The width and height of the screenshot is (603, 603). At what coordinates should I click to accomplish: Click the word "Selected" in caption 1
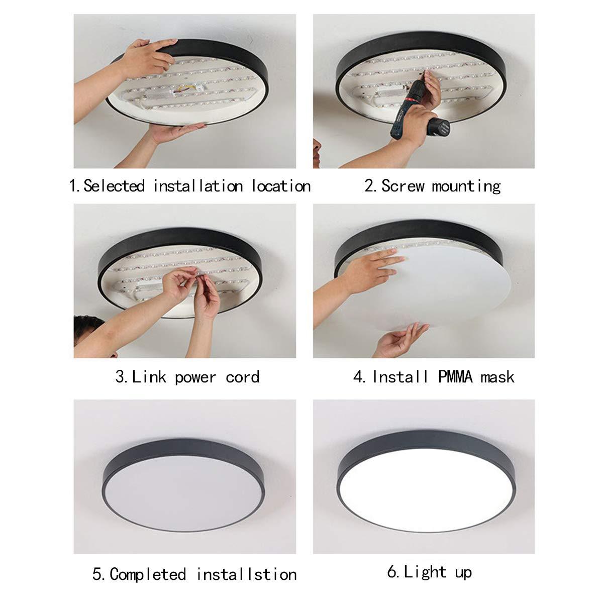114,186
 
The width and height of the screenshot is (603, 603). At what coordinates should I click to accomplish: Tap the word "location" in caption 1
281,186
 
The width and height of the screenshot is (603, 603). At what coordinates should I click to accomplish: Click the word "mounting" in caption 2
466,186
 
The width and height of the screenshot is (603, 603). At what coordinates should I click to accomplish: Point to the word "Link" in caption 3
149,377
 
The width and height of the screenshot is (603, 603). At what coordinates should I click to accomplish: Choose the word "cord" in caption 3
242,377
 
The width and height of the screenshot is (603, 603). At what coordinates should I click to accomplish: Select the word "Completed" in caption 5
148,574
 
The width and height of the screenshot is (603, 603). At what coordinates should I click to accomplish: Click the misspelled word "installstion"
246,574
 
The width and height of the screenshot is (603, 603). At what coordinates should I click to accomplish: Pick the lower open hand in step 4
402,340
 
